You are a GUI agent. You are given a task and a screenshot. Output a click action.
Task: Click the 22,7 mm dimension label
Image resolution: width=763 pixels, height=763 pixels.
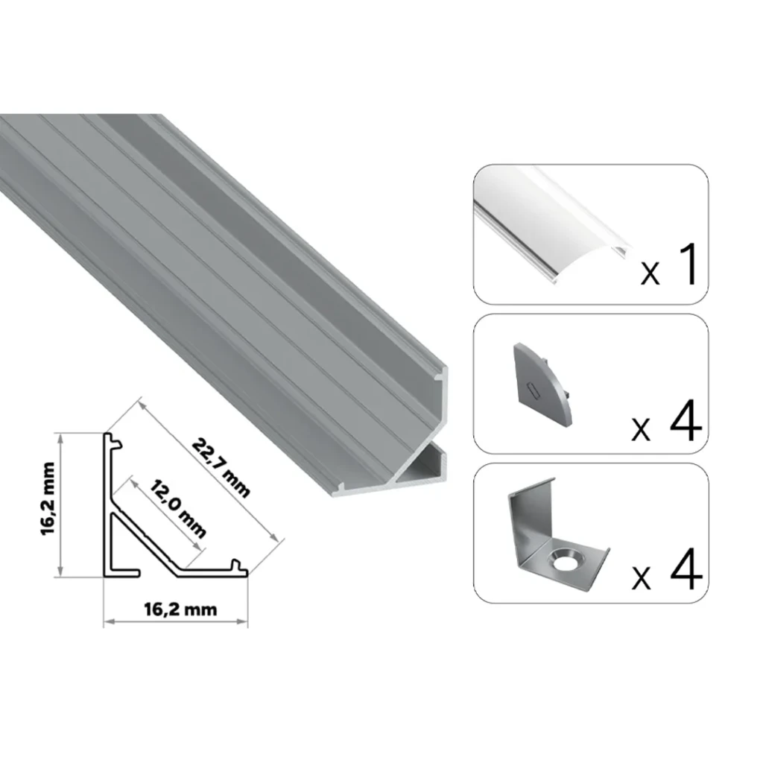pyautogui.click(x=221, y=468)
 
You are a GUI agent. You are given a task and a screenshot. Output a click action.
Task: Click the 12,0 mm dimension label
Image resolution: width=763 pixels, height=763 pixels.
pyautogui.click(x=177, y=508)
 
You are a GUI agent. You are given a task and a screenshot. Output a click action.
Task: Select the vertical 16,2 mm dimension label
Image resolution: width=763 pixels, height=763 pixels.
pyautogui.click(x=48, y=498)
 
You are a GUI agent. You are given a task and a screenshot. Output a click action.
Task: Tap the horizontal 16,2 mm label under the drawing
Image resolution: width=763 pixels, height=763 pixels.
pyautogui.click(x=180, y=610)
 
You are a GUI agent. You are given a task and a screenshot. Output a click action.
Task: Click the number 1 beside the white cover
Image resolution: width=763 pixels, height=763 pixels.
pyautogui.click(x=686, y=264)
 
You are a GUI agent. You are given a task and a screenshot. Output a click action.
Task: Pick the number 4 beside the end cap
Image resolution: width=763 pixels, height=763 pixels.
pyautogui.click(x=686, y=420)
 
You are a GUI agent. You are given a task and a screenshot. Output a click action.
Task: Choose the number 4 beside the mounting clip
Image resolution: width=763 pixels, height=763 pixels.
pyautogui.click(x=686, y=569)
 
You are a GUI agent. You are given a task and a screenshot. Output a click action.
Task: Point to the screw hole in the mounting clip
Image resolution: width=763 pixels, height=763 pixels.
pyautogui.click(x=565, y=560)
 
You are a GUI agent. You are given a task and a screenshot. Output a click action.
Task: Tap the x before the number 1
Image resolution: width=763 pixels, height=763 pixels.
pyautogui.click(x=650, y=275)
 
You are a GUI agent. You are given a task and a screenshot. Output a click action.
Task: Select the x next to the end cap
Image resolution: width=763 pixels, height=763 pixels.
pyautogui.click(x=641, y=431)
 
